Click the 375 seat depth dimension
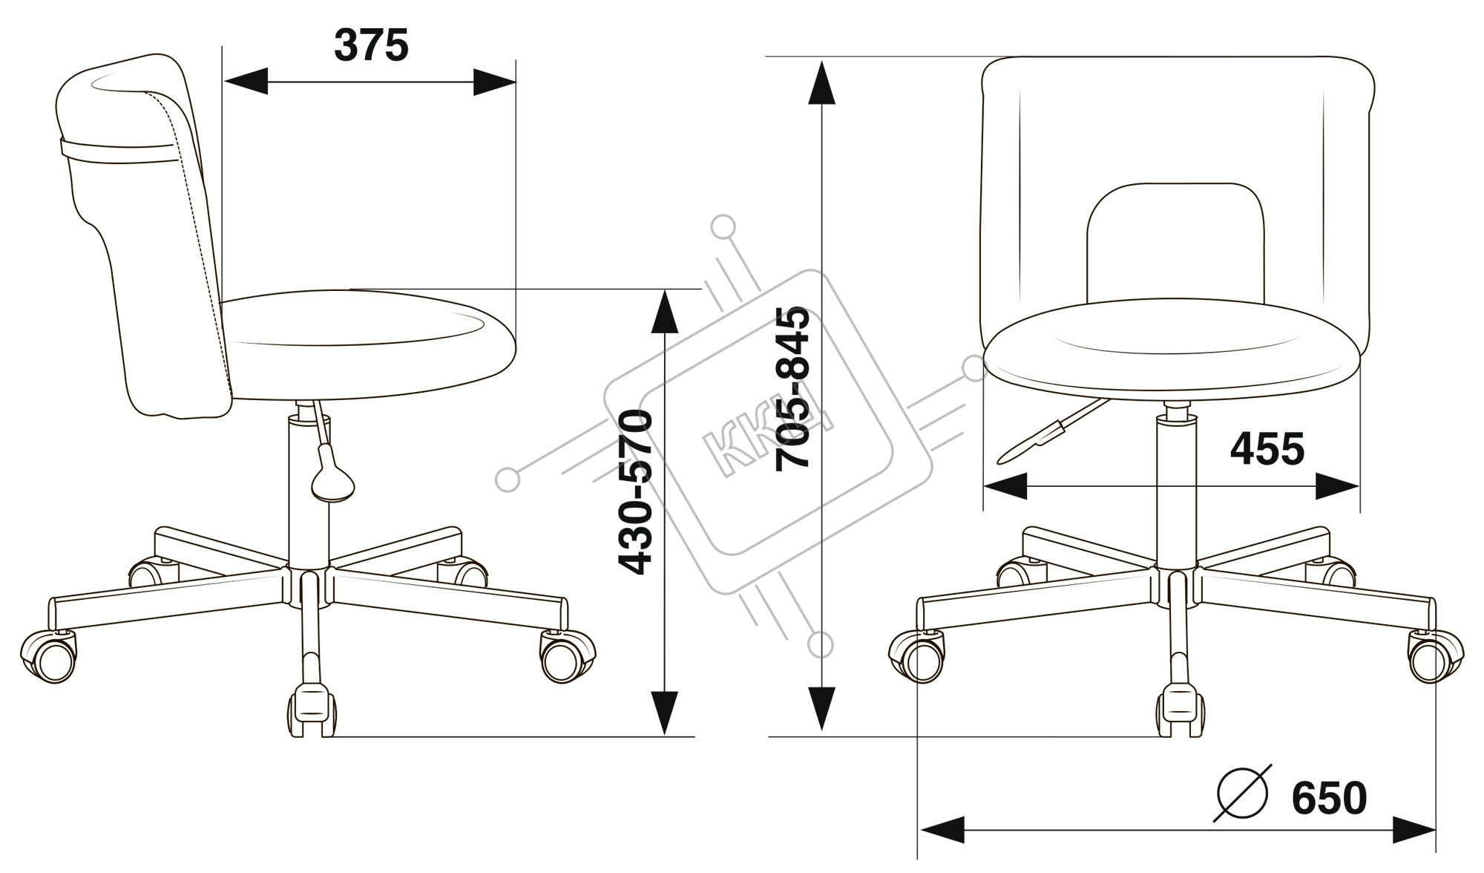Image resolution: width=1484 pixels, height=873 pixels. pos(371,46)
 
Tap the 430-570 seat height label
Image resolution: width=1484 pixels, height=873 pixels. pos(636,492)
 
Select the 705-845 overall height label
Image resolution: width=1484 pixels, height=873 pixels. pos(792,388)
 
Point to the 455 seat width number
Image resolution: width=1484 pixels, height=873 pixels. pos(1267,449)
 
